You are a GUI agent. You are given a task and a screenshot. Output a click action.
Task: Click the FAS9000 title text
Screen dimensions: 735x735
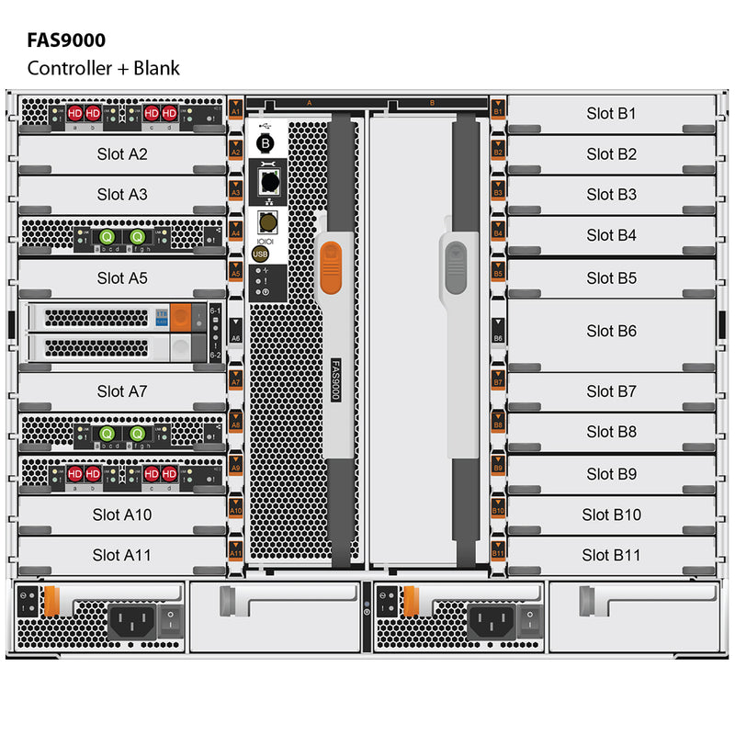[x=66, y=40]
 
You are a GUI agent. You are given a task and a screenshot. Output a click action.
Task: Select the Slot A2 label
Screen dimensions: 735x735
[x=122, y=154]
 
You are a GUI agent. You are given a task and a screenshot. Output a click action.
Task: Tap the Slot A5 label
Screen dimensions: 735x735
[x=122, y=277]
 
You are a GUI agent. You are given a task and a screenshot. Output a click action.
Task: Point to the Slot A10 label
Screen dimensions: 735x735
[x=122, y=514]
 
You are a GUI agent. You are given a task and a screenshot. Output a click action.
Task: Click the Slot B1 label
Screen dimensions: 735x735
[x=611, y=114]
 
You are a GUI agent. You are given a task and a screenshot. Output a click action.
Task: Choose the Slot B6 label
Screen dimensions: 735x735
[x=611, y=331]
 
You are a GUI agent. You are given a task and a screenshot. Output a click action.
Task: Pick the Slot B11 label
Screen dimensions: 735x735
[x=611, y=555]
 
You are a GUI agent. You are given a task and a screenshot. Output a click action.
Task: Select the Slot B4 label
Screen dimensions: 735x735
[x=611, y=235]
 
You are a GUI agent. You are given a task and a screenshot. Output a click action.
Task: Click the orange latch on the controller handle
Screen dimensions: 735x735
[x=332, y=266]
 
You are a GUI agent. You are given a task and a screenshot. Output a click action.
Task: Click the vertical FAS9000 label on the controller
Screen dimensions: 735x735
[x=335, y=378]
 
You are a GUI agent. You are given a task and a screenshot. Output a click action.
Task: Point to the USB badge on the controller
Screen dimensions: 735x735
[x=260, y=254]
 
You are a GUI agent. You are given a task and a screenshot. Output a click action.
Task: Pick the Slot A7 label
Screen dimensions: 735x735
[x=122, y=391]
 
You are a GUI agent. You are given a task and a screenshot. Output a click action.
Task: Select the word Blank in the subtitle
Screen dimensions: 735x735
[x=155, y=67]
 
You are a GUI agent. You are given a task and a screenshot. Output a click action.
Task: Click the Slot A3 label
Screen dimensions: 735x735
[x=122, y=195]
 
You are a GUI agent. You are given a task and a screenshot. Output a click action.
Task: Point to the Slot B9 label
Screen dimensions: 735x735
[x=611, y=474]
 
